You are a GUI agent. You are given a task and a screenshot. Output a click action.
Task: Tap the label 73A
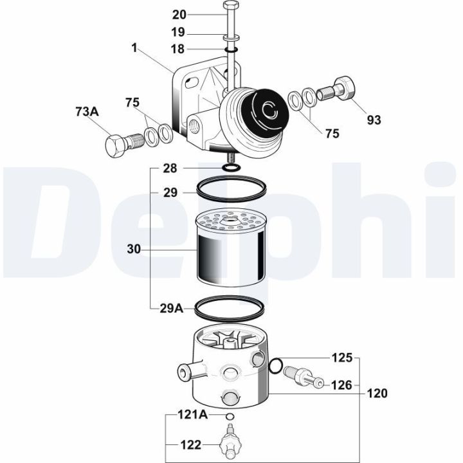pyautogui.click(x=86, y=112)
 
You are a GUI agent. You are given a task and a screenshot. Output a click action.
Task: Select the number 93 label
pyautogui.click(x=374, y=120)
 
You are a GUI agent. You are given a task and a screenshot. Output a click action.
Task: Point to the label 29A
pyautogui.click(x=171, y=308)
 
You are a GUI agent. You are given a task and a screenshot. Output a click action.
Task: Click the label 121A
pyautogui.click(x=193, y=415)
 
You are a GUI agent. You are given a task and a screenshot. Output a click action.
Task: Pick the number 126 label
pyautogui.click(x=341, y=385)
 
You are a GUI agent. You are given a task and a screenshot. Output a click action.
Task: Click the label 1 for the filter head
pyautogui.click(x=134, y=47)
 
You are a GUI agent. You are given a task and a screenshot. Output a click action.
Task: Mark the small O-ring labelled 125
pyautogui.click(x=275, y=367)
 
